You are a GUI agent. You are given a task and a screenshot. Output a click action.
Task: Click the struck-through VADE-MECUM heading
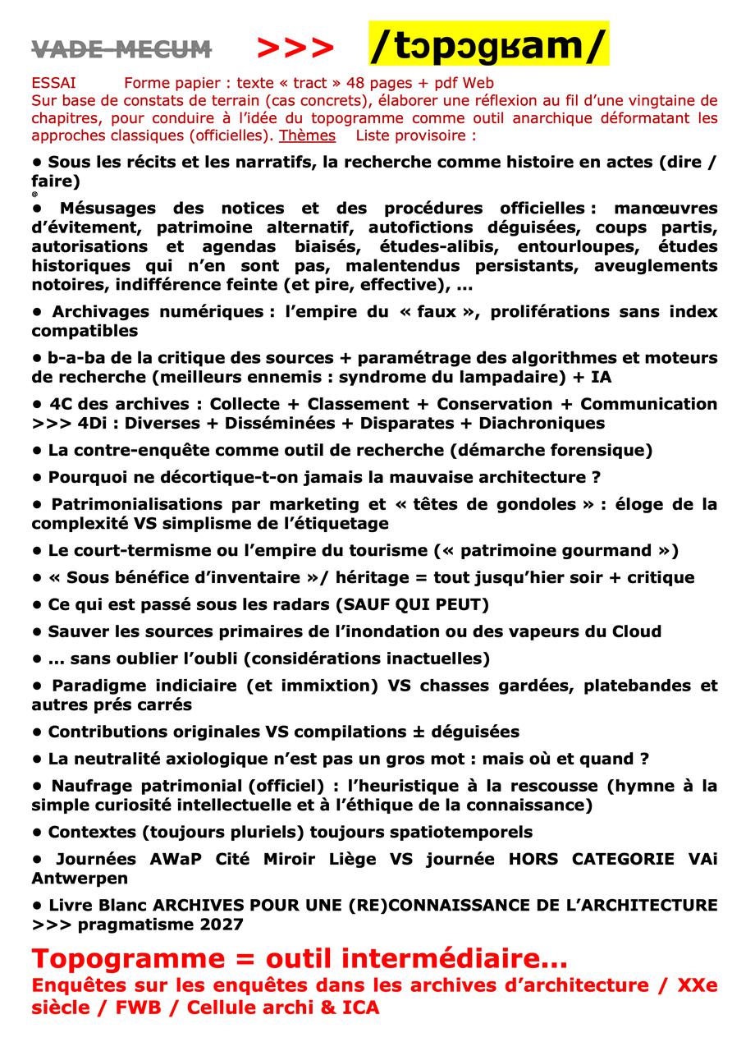point(121,50)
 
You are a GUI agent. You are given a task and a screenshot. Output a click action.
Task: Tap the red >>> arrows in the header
point(295,49)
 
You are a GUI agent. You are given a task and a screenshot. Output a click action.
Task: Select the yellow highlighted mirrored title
point(488,44)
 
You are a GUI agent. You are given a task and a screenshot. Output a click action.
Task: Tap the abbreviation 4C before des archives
point(62,404)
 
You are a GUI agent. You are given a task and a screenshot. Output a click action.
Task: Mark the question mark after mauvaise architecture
point(596,477)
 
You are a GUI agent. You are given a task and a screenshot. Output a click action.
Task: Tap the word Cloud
point(637,632)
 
